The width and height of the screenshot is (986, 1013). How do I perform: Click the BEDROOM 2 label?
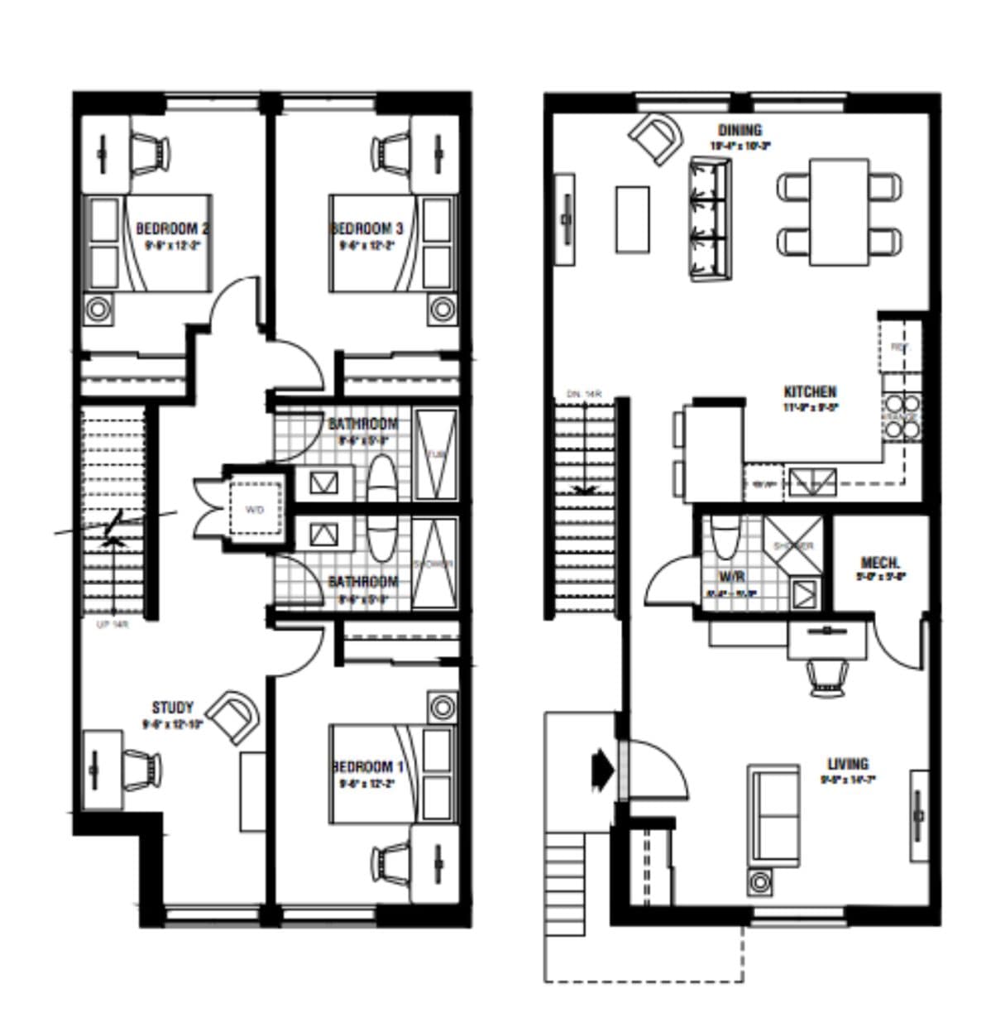click(x=171, y=228)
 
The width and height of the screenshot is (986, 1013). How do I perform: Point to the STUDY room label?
click(x=172, y=707)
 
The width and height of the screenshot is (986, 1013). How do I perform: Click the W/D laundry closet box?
click(x=254, y=510)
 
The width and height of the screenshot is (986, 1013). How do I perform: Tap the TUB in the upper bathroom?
click(x=435, y=454)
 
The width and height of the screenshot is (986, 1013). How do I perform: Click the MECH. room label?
click(x=880, y=563)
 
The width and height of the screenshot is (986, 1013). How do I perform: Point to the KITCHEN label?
click(x=809, y=391)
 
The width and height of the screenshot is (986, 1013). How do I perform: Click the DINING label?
click(x=739, y=130)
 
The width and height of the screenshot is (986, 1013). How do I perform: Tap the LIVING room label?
click(x=847, y=763)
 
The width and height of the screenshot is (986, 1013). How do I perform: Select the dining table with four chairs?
click(x=839, y=212)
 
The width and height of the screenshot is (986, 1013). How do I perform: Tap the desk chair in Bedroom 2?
click(x=150, y=154)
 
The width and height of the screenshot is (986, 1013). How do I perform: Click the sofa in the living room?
click(x=774, y=815)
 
